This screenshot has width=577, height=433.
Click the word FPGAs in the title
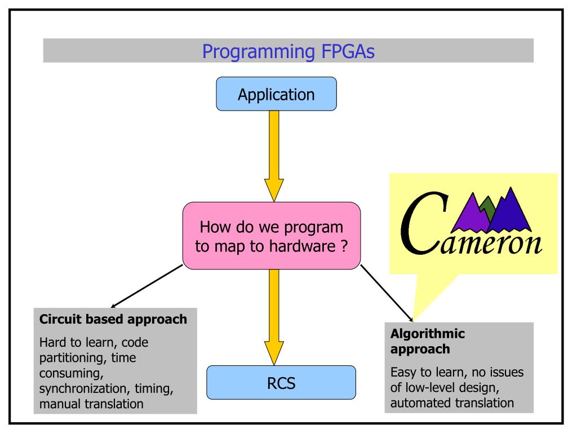pos(348,51)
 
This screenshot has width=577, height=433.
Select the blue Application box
pos(276,94)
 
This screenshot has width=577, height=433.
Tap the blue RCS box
pos(281,383)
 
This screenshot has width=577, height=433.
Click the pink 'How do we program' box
pos(272,236)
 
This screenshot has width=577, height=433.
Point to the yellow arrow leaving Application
pos(274,156)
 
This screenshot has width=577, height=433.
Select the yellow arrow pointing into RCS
pos(274,317)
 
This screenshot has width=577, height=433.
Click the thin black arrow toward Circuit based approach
pos(147,286)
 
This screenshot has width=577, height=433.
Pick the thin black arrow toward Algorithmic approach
pos(387,293)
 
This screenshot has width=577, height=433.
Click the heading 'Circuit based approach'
pos(113,319)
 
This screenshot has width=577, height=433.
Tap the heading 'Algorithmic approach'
pos(428,341)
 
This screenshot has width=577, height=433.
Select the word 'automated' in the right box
pos(419,403)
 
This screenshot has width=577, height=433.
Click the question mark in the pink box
pos(344,246)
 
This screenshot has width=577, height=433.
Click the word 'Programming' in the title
pos(259,52)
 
